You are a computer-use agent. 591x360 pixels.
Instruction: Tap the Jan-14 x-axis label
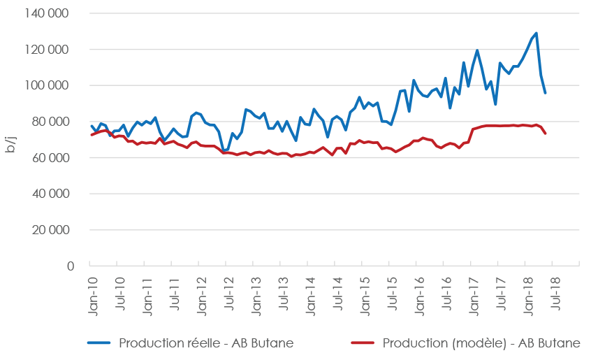click(x=310, y=298)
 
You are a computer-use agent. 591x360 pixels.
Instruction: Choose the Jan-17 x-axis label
click(x=474, y=298)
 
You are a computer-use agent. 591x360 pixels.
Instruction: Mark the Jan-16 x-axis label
click(x=419, y=298)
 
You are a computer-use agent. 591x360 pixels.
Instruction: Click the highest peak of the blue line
click(x=536, y=33)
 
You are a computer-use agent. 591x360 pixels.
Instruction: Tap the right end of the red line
click(x=545, y=134)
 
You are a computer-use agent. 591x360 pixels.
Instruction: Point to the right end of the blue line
click(x=545, y=93)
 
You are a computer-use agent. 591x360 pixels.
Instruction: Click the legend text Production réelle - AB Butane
click(x=206, y=343)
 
